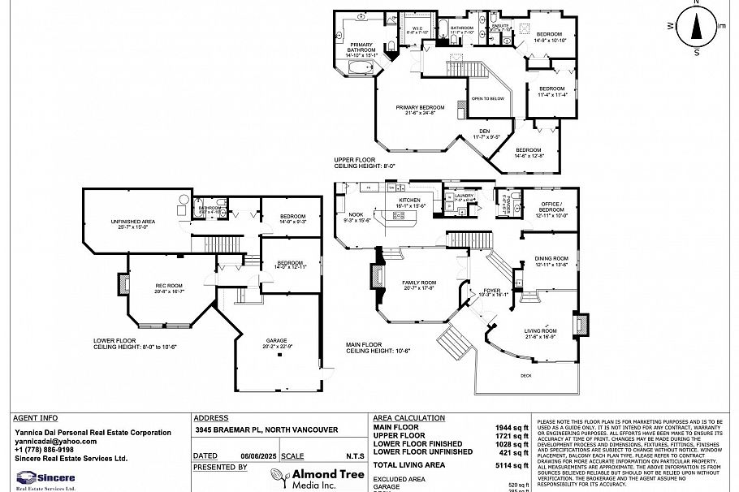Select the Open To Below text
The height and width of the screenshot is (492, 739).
(487, 98)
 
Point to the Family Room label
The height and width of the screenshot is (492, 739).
(419, 283)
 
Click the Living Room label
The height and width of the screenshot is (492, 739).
(540, 331)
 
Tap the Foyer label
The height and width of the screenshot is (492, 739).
(492, 290)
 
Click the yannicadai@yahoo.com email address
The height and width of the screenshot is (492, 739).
(55, 441)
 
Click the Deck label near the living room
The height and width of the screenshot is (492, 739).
(526, 375)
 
